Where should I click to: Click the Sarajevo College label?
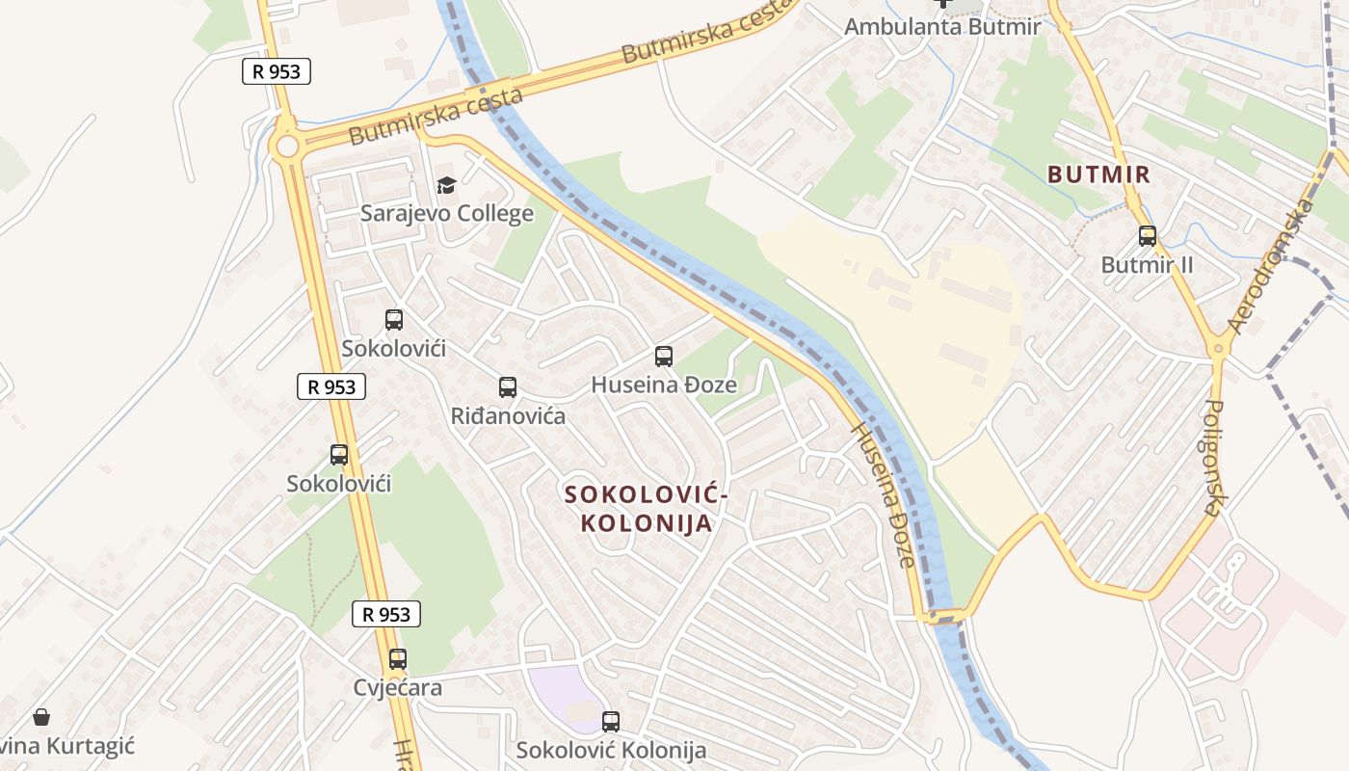[446, 213]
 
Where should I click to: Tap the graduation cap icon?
[446, 185]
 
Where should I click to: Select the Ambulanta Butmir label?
[942, 26]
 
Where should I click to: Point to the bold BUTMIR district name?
[1098, 174]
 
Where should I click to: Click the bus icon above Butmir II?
[1147, 235]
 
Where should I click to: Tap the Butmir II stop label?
[1147, 264]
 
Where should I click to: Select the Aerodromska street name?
[1271, 266]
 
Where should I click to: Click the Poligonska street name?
[1213, 457]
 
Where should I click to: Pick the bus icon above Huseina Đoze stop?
[663, 357]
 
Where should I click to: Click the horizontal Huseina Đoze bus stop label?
[663, 385]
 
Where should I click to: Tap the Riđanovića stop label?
[508, 416]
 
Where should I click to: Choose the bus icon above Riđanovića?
[508, 387]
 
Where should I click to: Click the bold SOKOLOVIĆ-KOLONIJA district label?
[646, 509]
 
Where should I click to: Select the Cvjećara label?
[398, 687]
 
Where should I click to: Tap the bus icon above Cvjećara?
[398, 659]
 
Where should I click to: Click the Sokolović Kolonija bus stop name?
[611, 750]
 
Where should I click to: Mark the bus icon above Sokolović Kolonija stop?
[611, 721]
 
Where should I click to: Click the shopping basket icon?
[41, 717]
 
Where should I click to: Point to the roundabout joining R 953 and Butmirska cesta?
[286, 146]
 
